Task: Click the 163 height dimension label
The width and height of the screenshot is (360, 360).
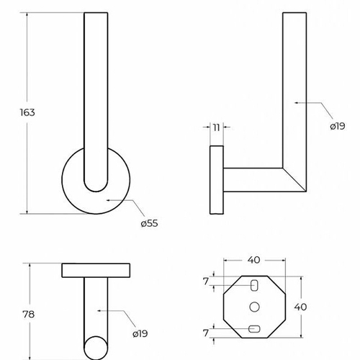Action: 27,112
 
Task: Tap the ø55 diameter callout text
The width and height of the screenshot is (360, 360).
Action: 149,223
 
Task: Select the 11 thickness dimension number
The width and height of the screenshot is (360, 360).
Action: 217,127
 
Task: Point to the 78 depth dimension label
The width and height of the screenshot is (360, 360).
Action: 28,314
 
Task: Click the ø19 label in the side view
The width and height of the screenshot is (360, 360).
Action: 338,126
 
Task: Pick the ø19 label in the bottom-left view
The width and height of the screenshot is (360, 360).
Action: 140,333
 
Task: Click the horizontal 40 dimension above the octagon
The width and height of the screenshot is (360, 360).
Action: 254,260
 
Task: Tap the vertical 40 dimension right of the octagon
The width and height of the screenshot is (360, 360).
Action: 300,307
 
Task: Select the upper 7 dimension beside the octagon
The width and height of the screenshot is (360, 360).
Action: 206,282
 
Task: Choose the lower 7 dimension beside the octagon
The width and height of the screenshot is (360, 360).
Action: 206,333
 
